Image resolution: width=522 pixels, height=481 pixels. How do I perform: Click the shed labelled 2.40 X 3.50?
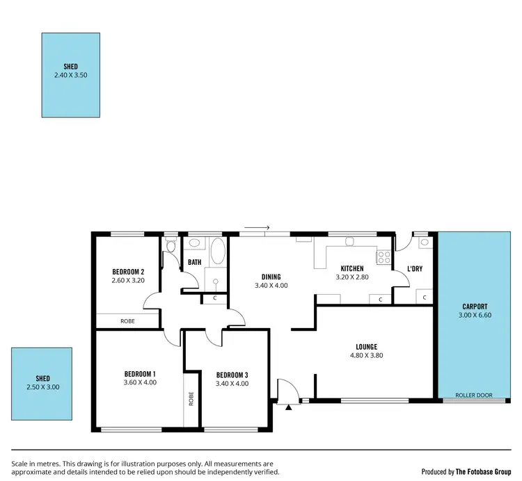70,74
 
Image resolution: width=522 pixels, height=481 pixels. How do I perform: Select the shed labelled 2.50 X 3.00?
42,383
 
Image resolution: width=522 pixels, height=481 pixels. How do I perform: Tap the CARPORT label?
474,307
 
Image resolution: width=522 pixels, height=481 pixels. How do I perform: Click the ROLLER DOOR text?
473,396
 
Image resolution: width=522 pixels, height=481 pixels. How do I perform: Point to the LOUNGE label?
366,347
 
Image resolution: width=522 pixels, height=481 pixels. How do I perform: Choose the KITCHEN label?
351,268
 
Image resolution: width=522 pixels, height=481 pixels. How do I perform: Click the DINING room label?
271,277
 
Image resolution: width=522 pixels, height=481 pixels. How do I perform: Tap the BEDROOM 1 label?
140,373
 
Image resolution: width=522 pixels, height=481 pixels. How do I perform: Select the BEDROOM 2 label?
128,272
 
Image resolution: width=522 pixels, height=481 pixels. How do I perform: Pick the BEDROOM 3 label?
232,374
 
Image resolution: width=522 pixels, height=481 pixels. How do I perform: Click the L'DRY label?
415,269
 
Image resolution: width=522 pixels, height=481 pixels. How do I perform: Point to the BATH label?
194,263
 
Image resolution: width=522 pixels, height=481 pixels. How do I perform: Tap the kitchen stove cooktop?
383,258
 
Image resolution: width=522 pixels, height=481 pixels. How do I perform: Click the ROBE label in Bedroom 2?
127,321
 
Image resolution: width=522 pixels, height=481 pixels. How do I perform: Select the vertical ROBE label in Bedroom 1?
191,399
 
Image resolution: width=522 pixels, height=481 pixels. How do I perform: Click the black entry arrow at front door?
289,406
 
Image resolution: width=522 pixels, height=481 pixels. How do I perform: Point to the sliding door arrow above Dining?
262,227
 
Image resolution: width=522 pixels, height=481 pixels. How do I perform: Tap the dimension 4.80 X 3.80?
366,355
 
